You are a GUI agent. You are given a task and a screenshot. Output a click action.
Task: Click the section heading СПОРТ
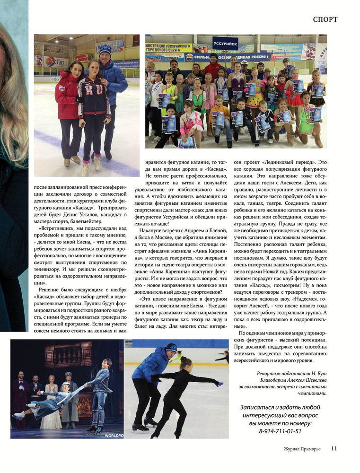(325, 19)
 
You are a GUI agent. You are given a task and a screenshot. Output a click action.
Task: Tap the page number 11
(334, 448)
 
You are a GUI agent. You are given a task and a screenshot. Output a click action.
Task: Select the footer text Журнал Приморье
(301, 449)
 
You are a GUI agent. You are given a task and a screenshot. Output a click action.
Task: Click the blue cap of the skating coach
(171, 348)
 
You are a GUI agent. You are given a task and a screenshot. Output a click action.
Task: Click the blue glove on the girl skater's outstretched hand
(217, 383)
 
